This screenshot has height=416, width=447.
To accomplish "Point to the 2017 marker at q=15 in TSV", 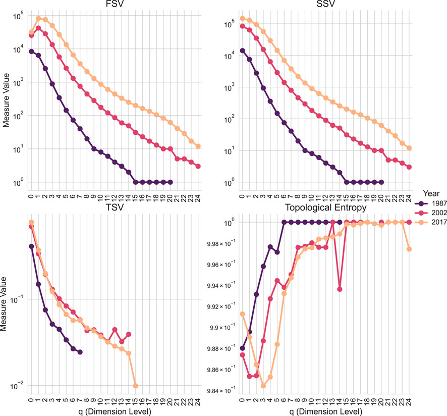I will click(x=136, y=386).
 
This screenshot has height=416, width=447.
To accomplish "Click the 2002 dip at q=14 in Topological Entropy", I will click(x=340, y=289).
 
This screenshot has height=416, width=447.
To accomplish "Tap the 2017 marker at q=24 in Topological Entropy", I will click(x=409, y=249).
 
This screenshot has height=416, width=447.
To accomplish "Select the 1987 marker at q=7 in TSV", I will click(x=80, y=352).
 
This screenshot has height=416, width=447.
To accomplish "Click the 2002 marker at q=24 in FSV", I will click(x=198, y=166).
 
